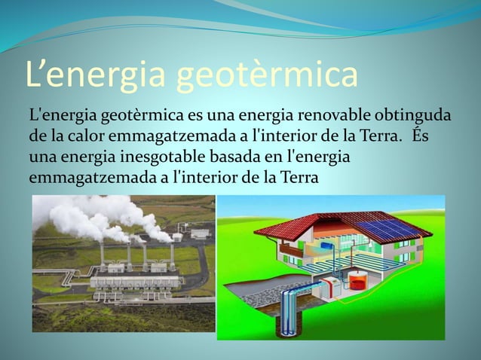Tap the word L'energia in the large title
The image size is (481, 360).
click(97, 77)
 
